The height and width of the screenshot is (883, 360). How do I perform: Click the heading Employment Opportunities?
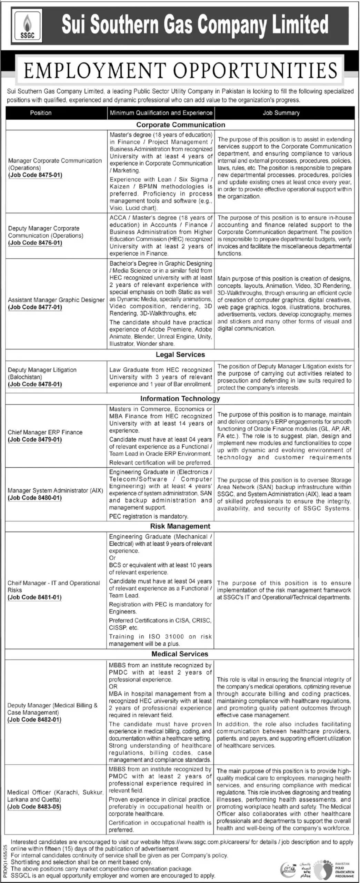pos(180,70)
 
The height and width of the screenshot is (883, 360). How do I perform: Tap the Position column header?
pos(41,113)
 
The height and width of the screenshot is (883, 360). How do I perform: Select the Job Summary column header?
pos(281,113)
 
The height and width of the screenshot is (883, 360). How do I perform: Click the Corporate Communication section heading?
pos(180,125)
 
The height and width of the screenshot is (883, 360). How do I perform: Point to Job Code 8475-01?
pos(35,175)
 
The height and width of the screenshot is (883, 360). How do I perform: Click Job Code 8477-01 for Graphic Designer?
pos(35,307)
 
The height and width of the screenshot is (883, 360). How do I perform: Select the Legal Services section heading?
pos(180,355)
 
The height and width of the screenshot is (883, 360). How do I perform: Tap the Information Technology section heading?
pos(180,399)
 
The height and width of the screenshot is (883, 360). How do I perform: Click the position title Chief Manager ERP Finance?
pos(45,432)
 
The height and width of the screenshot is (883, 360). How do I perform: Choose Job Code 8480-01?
pos(35,498)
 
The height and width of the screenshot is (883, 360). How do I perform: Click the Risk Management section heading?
pos(180,526)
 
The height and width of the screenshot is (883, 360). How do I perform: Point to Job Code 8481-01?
pos(35,597)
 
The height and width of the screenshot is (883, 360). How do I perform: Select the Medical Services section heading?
pos(180,654)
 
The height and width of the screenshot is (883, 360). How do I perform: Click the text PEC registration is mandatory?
pos(149,516)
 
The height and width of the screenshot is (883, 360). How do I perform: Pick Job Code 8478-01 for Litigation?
pos(35,384)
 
